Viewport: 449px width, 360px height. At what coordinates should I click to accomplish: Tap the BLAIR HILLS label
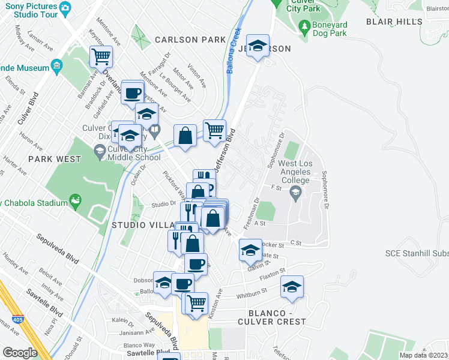coord(394,22)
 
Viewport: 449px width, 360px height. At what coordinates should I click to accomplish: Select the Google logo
coord(20,353)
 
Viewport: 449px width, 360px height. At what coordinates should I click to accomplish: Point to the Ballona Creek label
coord(234,51)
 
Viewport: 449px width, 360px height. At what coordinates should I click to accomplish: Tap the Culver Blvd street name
coord(28,109)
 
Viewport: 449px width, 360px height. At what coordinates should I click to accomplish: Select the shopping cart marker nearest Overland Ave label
coord(101,57)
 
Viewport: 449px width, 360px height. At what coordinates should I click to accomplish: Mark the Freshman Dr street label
coord(252,213)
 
